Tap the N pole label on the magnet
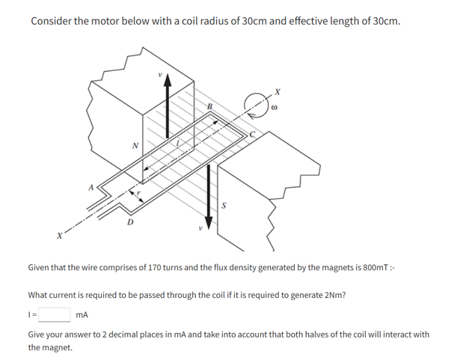(x=134, y=145)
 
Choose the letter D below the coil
(x=131, y=222)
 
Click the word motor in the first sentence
(x=105, y=20)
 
